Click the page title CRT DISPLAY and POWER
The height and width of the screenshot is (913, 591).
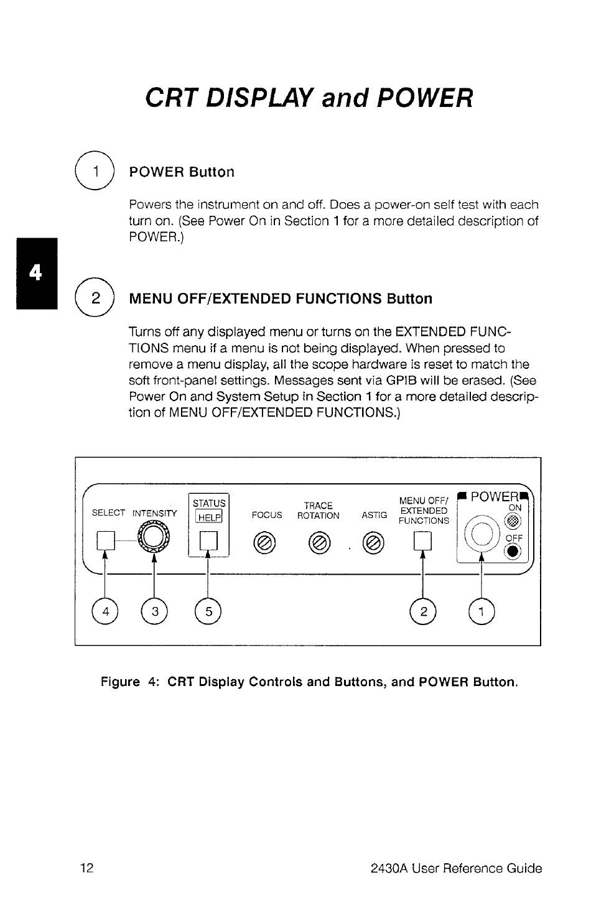coord(309,98)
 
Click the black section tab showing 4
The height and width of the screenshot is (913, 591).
coord(37,272)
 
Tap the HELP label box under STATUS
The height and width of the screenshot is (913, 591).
coord(208,517)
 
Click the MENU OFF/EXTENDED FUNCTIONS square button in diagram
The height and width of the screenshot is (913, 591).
coord(422,541)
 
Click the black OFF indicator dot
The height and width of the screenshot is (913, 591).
coord(513,551)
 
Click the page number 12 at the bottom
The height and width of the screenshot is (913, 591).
coord(86,868)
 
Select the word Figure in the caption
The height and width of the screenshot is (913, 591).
coord(120,682)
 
